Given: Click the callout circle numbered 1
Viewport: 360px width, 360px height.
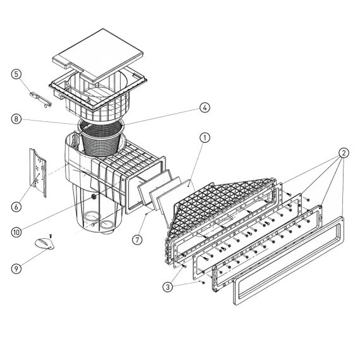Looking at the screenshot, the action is pos(205,138).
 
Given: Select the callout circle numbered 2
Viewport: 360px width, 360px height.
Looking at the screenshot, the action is pos(344,153).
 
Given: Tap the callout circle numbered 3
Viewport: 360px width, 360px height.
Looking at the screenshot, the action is pos(167,287).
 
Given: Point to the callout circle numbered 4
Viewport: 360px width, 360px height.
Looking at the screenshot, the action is pos(205,107).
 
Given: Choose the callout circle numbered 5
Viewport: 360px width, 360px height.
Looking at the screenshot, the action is pos(16,74).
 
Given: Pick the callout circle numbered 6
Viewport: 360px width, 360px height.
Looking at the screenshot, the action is pos(16,207).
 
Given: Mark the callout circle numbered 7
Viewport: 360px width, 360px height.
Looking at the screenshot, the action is pos(137,240).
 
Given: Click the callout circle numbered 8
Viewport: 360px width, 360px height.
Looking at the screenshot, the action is pos(16,119).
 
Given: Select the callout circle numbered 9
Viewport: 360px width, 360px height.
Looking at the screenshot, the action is pos(16,268).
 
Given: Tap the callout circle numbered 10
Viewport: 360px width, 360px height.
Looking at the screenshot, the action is pos(16,232).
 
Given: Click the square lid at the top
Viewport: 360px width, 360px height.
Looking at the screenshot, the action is pos(98,55).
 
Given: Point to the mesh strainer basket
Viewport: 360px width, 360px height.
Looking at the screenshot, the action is pos(101,138).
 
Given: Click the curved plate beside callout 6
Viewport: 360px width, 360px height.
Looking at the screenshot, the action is pos(38,172).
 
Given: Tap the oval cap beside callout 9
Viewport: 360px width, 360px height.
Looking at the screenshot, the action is pos(44,244).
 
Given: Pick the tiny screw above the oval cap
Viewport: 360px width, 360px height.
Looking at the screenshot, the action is pos(51,236).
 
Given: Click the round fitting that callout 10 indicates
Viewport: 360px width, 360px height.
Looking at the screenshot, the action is pos(94,196).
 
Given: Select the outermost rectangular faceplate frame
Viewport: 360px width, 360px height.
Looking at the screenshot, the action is pos(289,261).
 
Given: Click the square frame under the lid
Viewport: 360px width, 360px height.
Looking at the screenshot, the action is pos(98,92).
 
